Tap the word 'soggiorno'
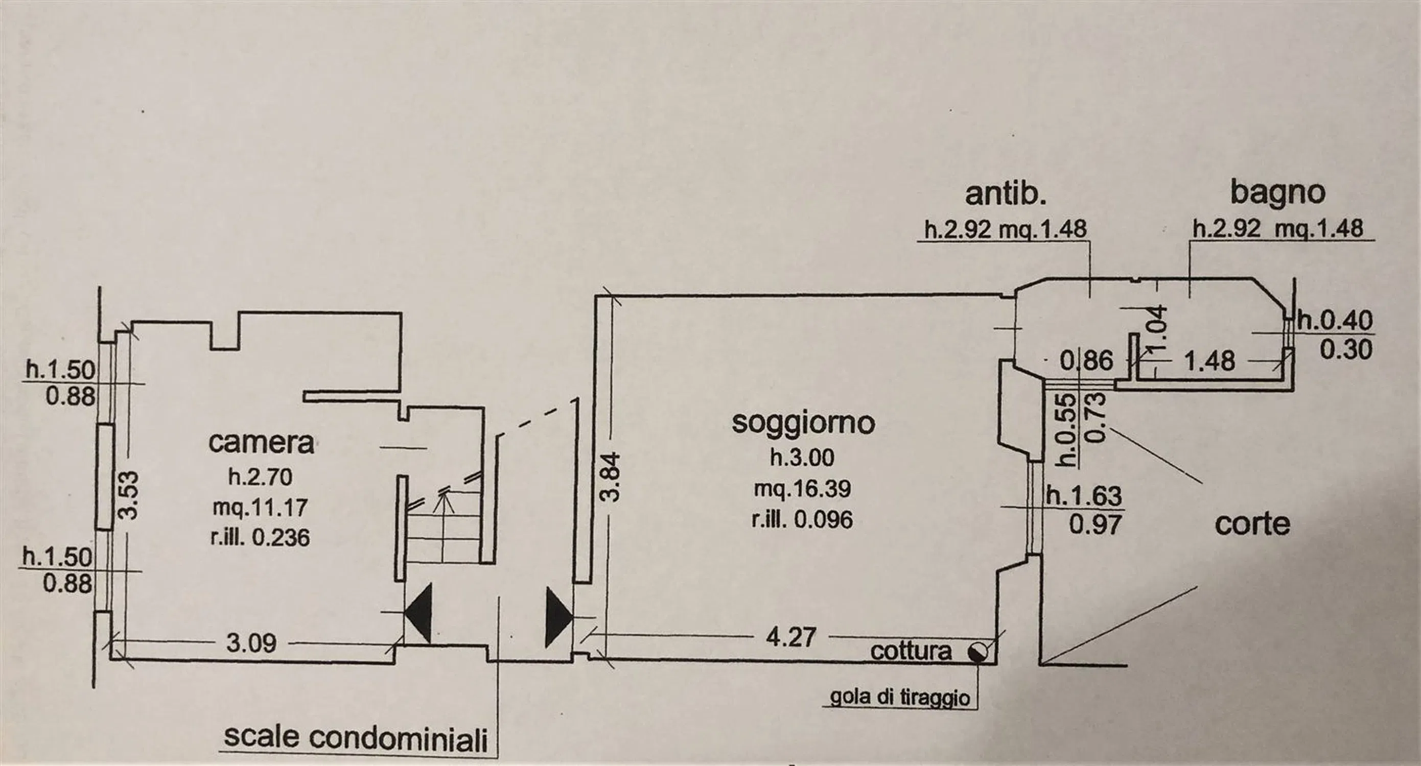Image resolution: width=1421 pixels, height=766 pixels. coord(803,423)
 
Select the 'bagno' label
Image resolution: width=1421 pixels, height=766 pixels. coord(1277,194)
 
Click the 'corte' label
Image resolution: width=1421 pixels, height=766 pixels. coord(1252,524)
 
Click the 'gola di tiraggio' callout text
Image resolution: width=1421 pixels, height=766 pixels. coord(900,698)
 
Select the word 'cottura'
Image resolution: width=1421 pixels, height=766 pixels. coord(911,651)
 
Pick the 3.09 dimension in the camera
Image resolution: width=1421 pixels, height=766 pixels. coord(251,643)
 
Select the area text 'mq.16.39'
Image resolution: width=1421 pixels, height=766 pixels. coord(803,489)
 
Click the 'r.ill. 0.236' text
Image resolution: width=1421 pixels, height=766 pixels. coord(260,537)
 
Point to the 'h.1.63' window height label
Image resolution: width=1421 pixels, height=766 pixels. coord(1084,496)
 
